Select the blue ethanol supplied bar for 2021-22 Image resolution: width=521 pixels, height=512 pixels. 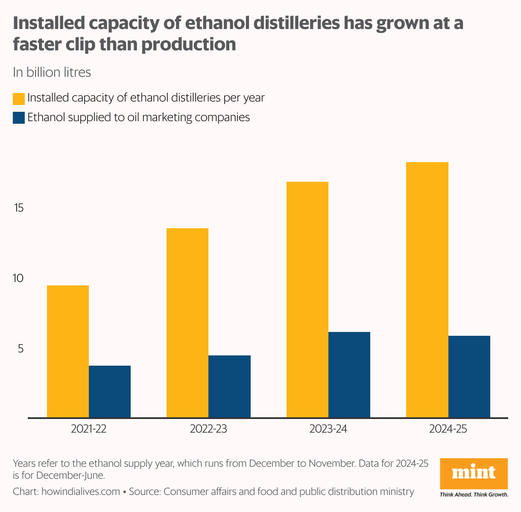[x=110, y=391]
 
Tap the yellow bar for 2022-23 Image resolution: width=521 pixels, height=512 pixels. [x=187, y=323]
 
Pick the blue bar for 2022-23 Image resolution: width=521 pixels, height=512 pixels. [x=229, y=386]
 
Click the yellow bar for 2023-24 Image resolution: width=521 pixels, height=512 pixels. [x=307, y=300]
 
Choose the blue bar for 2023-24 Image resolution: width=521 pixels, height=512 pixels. [x=349, y=375]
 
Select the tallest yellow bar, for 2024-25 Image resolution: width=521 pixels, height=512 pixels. [x=427, y=290]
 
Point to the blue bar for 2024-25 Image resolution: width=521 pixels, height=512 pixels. [x=469, y=376]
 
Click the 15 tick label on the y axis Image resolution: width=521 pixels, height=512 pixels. [x=20, y=208]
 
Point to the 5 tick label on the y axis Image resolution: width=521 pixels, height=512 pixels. [x=20, y=349]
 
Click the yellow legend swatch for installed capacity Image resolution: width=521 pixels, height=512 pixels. [x=19, y=99]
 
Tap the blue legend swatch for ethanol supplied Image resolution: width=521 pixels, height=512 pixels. [x=19, y=118]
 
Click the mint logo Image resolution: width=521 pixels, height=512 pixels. [x=474, y=474]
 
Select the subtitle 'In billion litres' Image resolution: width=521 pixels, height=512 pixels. [x=52, y=73]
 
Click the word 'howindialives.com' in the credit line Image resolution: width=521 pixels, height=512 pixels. [x=81, y=492]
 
